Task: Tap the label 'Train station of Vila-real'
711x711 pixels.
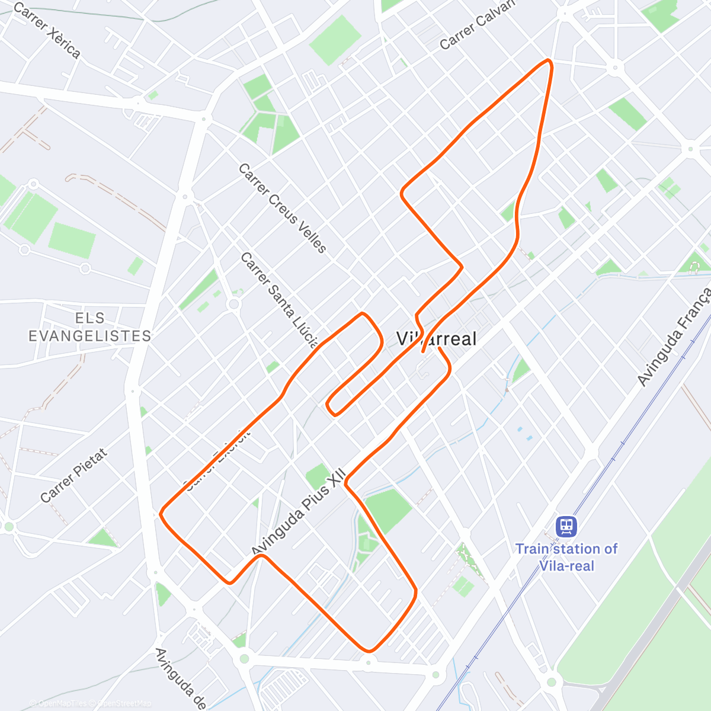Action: pos(566,557)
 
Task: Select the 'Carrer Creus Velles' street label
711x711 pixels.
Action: pos(282,208)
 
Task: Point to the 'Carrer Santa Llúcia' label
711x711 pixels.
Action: pos(280,299)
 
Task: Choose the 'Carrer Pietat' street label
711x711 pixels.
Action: pos(74,475)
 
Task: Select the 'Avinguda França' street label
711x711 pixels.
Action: pos(674,336)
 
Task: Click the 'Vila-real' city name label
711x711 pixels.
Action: pos(436,339)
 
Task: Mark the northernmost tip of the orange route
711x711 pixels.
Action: pos(549,61)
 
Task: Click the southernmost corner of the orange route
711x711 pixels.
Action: pos(369,651)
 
